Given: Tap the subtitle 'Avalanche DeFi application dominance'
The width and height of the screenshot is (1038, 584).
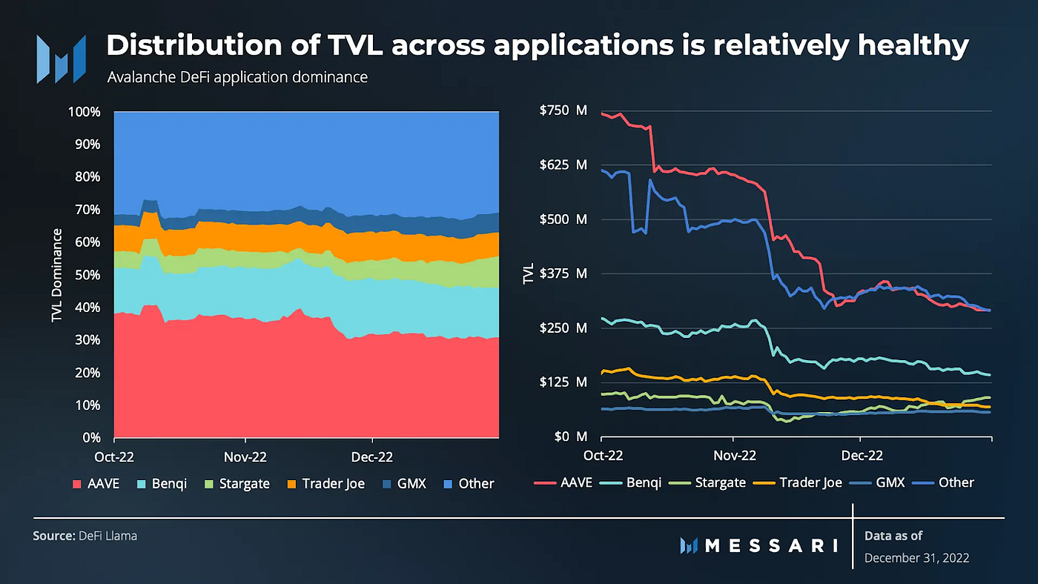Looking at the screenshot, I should click(237, 77).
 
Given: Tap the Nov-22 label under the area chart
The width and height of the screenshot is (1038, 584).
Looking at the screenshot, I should click(245, 454).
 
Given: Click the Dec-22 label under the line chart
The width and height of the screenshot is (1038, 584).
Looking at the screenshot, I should click(862, 454).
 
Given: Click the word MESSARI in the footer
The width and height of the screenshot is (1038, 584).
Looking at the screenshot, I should click(770, 546).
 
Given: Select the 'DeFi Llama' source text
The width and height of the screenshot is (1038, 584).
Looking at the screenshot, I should click(108, 535).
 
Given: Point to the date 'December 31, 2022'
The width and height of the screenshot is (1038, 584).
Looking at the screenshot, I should click(916, 557).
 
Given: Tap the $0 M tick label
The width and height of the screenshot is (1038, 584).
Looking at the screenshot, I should click(570, 437).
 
